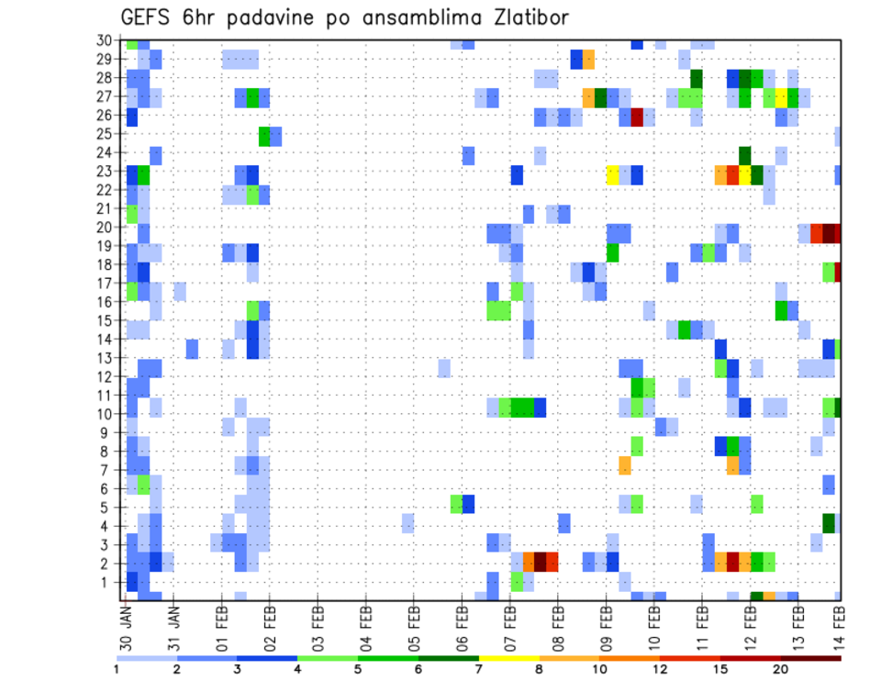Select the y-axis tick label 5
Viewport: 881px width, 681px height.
click(x=107, y=508)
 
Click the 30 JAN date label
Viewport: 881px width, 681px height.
click(x=127, y=620)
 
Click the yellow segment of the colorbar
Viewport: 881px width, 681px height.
click(x=508, y=659)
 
